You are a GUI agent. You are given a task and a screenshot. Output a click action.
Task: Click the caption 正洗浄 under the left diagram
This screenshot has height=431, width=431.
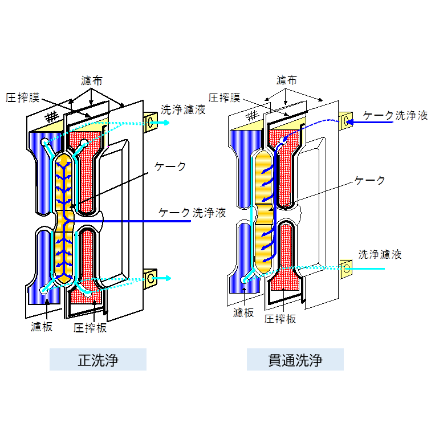pos(97,360)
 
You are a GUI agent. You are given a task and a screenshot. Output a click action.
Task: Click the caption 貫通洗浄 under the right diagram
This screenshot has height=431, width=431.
pos(295,360)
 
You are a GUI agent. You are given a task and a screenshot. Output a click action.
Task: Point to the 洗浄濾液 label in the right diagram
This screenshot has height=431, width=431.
pos(380,254)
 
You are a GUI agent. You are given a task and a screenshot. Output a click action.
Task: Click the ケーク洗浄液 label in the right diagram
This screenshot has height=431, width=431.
pos(395,115)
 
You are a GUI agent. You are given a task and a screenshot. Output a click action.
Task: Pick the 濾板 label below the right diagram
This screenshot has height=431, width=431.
pos(243,313)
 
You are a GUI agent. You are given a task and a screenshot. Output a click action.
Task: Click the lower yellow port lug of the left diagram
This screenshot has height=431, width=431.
pos(150,278)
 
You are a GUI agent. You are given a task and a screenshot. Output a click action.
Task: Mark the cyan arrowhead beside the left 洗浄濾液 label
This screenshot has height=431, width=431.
pos(166,121)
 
